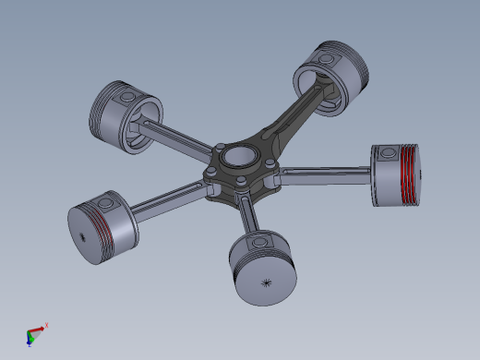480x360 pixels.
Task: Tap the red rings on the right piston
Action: tap(402, 176)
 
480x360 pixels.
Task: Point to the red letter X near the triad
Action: tap(46, 325)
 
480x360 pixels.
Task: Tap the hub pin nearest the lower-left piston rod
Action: tap(214, 178)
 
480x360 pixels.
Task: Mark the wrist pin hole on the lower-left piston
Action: tap(106, 200)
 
